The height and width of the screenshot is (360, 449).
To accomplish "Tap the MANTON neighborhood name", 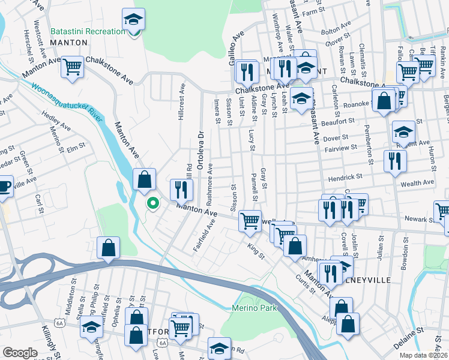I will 69,43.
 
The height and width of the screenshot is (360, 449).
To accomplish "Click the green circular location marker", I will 153,205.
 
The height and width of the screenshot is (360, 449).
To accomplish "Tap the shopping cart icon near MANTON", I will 73,67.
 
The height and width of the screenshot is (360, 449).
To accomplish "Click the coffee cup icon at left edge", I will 4,186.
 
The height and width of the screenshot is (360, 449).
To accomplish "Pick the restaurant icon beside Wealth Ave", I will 395,161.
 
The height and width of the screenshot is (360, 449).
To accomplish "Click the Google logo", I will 20,353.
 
